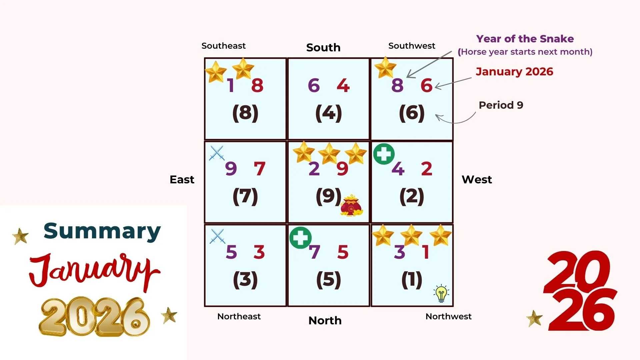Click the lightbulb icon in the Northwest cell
[x=441, y=294]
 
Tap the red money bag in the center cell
[x=351, y=205]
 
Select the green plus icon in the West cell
[x=384, y=154]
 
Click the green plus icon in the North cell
[x=300, y=238]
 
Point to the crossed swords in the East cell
[x=217, y=153]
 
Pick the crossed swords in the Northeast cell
[x=217, y=236]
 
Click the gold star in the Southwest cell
[x=385, y=67]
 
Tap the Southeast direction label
[x=223, y=46]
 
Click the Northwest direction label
[x=448, y=316]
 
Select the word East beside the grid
[x=182, y=180]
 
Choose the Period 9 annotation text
[x=501, y=105]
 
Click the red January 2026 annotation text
[x=514, y=72]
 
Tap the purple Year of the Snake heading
[x=525, y=39]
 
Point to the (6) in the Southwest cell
[x=412, y=113]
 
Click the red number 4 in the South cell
[x=343, y=85]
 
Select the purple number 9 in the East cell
[x=231, y=169]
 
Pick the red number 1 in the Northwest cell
[x=425, y=252]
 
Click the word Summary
[x=102, y=231]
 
